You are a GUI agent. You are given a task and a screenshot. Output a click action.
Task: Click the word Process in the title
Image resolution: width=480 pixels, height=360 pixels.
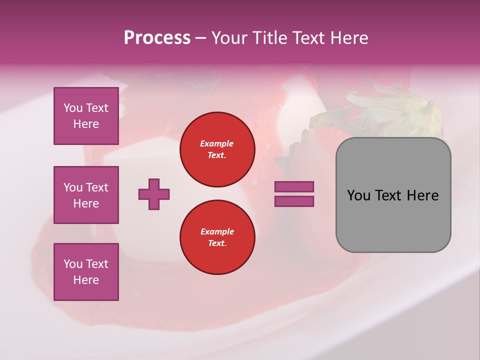157,38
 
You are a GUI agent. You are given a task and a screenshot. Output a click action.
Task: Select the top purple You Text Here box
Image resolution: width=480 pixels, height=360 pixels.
86,116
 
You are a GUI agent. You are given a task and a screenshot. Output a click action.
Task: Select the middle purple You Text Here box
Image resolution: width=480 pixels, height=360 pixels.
86,195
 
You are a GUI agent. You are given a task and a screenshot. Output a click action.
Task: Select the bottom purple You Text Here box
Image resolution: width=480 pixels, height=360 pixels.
86,272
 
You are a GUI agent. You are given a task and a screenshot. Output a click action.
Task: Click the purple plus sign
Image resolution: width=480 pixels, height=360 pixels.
154,194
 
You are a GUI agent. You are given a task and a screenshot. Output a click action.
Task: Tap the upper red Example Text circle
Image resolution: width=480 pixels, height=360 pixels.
217,149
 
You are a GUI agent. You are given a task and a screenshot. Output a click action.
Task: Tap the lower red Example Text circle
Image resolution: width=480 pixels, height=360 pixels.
217,237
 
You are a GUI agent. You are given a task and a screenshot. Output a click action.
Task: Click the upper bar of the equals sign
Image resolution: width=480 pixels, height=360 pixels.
294,186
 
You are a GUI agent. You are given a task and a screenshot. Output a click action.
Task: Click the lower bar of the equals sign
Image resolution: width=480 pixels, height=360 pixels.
294,201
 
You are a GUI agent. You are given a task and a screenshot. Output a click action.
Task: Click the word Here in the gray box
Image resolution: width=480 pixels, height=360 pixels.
422,195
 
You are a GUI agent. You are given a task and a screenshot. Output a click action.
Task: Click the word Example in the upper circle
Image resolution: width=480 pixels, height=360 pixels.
216,143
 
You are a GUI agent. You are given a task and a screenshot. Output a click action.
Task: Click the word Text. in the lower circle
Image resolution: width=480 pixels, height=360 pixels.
217,243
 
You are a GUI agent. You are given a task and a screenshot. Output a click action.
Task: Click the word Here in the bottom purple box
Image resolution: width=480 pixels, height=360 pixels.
86,280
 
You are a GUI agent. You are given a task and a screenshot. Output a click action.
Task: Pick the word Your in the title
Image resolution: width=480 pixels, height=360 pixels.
229,38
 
